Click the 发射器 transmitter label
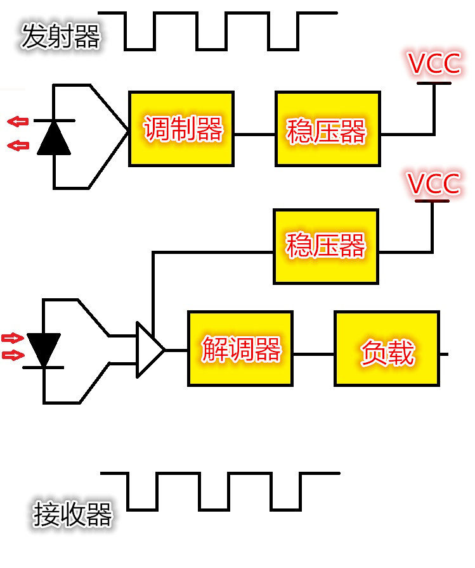(x=61, y=36)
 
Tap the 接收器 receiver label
(x=72, y=514)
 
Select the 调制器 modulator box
(x=181, y=129)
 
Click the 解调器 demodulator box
(x=240, y=349)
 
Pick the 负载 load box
(x=387, y=349)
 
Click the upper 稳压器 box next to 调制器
(x=328, y=129)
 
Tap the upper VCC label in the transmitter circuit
(x=434, y=63)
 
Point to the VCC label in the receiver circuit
(x=433, y=183)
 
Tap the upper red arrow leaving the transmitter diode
(x=18, y=122)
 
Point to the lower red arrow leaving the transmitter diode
(x=18, y=146)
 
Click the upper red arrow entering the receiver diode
(x=13, y=338)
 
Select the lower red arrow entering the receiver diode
(x=13, y=355)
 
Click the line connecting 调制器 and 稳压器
(x=255, y=134)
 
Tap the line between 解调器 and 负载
(x=313, y=354)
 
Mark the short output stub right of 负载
(x=444, y=354)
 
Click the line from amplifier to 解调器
(x=176, y=350)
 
